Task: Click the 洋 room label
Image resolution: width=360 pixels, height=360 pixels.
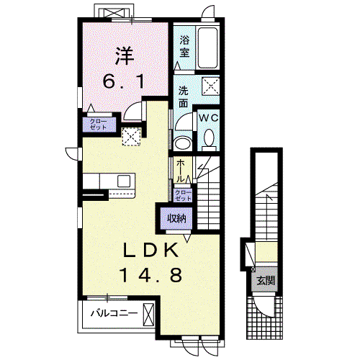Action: coord(125,56)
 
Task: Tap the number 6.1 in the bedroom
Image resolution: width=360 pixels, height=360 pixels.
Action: coord(124,81)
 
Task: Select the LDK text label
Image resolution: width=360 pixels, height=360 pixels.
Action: coord(150,250)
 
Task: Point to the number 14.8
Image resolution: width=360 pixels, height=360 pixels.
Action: coord(150,275)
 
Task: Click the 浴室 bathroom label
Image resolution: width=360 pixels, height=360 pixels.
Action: coord(184,47)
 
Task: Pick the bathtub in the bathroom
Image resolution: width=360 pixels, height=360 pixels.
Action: coord(208,48)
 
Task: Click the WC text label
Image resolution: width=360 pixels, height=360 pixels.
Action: coord(209,118)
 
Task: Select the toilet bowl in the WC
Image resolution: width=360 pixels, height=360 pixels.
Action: coord(210,140)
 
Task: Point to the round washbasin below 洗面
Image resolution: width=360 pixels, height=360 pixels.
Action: coord(182,143)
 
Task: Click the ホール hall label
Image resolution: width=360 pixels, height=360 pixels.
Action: coord(181,171)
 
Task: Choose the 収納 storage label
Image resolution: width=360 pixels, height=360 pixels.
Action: coord(177,218)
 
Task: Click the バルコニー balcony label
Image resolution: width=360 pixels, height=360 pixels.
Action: coord(114,313)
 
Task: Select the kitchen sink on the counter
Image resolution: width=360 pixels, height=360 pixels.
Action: coord(124,181)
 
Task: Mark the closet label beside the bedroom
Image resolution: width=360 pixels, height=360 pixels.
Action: coord(98,124)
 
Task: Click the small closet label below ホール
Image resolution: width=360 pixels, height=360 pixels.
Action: coord(184,196)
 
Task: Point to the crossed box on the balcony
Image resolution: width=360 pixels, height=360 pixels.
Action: coord(148,315)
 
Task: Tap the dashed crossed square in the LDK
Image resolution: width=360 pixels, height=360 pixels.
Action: coord(131,137)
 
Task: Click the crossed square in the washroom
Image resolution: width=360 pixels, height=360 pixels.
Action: coord(210,86)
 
